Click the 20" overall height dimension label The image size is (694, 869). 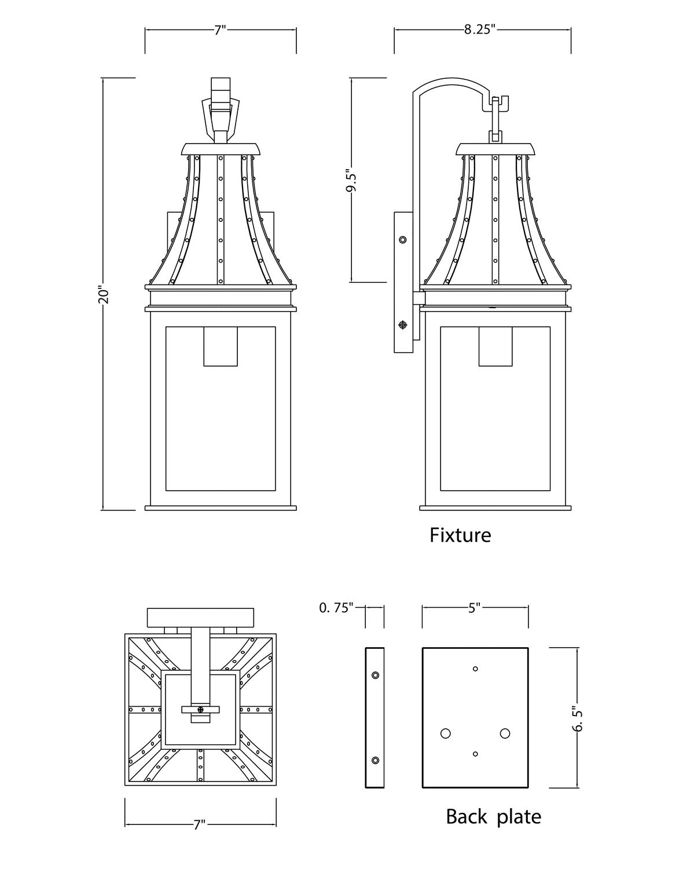(x=103, y=295)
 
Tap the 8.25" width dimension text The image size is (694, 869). (x=479, y=30)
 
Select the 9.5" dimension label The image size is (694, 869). (x=352, y=182)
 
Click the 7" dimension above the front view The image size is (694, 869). (x=221, y=30)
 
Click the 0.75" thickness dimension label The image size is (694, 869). (x=336, y=619)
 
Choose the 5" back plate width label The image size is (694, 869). (x=475, y=619)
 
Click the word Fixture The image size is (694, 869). (x=460, y=535)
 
